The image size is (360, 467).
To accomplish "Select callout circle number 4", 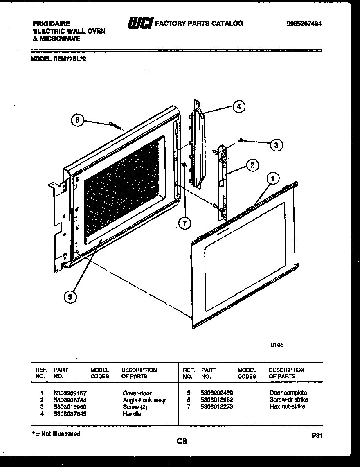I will (x=239, y=107).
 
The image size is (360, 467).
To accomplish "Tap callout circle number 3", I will (x=277, y=144).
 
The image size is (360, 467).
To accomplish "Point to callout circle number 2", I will (x=252, y=165).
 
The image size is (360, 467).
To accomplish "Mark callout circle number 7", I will (x=185, y=223).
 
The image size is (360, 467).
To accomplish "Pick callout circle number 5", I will (x=70, y=298).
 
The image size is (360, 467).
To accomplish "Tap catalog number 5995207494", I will (x=304, y=24).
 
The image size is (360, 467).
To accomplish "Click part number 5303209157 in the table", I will (x=70, y=393).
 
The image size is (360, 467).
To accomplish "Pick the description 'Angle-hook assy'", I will (x=144, y=400).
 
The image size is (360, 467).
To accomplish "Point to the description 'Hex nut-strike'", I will (x=287, y=407).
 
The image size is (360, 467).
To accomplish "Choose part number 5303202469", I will (x=217, y=393).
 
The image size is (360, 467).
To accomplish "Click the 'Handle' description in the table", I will (x=132, y=414).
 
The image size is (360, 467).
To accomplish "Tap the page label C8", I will (x=182, y=441).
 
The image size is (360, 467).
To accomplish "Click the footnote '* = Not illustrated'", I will (x=56, y=434).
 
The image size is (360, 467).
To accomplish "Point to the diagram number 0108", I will (x=277, y=345).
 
